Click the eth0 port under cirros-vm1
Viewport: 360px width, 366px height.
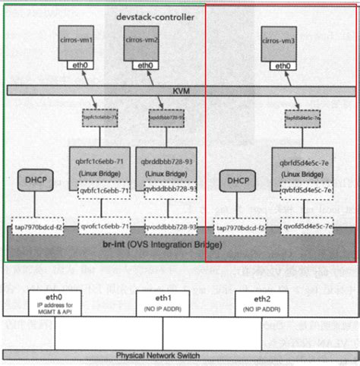(x=77, y=65)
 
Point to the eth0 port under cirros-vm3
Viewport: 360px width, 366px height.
(x=280, y=65)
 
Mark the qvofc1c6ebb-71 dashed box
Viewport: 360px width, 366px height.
(x=105, y=226)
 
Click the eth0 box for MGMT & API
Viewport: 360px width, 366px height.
(x=54, y=303)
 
